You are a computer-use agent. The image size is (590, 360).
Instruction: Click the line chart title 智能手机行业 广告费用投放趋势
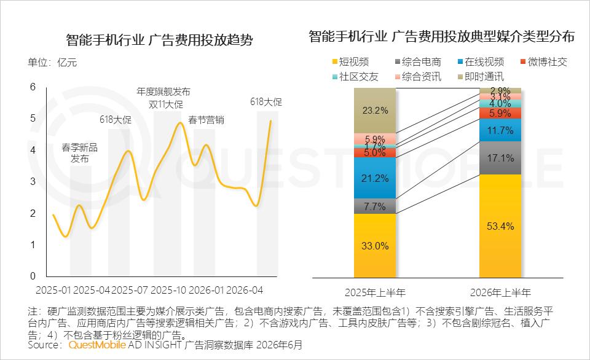pos(160,40)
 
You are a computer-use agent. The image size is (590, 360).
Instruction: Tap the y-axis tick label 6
pos(33,87)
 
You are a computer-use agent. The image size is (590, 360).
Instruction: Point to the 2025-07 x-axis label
pos(130,291)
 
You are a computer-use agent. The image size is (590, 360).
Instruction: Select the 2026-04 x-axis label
pos(244,291)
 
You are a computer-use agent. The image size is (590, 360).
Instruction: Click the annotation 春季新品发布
pos(79,153)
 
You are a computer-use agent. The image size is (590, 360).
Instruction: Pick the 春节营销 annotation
pos(206,120)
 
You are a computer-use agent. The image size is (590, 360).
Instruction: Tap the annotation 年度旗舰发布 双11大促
pos(163,98)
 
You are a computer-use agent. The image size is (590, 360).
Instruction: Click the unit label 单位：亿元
pos(52,63)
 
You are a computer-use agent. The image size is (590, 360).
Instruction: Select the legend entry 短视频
pos(350,61)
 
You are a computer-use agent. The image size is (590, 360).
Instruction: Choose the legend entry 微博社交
pos(544,61)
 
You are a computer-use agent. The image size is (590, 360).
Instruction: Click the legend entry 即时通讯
pos(481,77)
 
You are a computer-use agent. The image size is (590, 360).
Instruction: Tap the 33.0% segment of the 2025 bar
pos(375,246)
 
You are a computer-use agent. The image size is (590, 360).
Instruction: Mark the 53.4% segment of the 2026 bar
pos(500,226)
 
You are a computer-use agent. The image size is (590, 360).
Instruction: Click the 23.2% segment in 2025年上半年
pos(375,111)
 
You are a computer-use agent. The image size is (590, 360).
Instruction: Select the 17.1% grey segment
pos(500,158)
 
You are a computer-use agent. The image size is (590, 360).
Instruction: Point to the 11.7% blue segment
pos(500,130)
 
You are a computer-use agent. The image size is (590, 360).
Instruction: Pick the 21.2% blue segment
pos(375,178)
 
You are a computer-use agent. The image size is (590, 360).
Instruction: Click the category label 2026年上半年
pos(500,292)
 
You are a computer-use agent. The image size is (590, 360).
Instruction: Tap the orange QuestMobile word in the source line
pos(97,345)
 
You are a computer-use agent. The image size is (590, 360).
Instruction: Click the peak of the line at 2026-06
pos(270,121)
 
